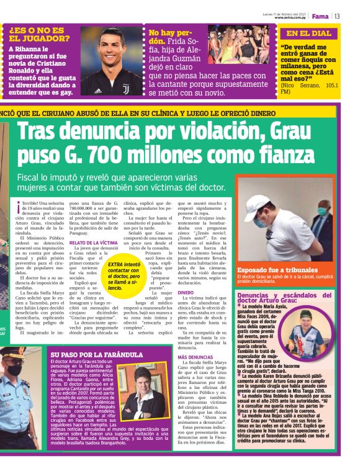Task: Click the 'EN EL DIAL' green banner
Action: click(309, 33)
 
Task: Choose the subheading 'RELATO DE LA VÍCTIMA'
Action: click(93, 243)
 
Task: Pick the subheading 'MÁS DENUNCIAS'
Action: click(192, 357)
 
